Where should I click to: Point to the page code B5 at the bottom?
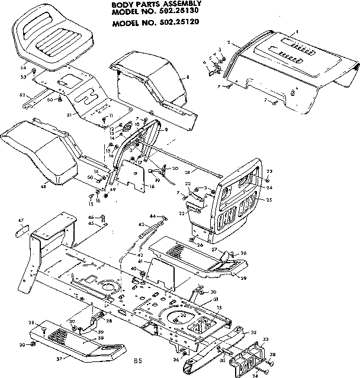137,360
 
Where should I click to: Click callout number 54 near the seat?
23,69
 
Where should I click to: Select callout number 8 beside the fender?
187,77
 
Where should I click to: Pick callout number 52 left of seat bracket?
22,95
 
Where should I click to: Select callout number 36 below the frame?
176,359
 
